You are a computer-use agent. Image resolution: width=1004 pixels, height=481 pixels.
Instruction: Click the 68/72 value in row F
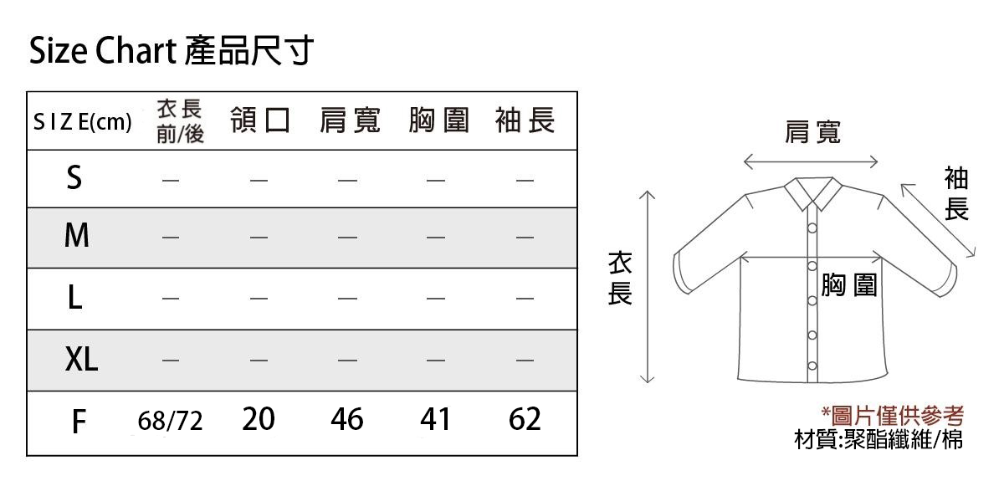[170, 421]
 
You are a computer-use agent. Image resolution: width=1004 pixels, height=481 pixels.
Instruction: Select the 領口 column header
[260, 120]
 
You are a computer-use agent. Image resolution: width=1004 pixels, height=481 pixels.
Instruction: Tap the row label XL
[81, 359]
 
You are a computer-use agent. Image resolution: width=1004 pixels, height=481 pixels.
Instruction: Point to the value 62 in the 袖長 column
[525, 419]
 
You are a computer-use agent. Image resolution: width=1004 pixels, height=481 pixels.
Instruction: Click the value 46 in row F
[347, 419]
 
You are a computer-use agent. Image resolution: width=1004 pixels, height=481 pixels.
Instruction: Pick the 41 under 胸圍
[435, 419]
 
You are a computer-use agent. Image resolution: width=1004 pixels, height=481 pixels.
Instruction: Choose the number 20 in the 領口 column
[259, 419]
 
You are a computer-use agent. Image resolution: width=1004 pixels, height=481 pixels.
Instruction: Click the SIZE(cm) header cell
[83, 122]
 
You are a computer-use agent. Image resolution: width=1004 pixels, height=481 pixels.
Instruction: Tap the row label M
[77, 235]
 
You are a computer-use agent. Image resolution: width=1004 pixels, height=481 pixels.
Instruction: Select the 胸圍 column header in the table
[438, 120]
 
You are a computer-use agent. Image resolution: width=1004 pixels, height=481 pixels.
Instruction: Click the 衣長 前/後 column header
[180, 121]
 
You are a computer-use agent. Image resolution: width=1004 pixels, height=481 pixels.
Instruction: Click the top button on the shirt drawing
[812, 228]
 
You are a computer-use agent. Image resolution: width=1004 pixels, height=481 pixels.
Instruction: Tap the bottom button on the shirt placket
[812, 366]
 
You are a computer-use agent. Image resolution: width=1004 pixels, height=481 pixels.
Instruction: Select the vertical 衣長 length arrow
[647, 287]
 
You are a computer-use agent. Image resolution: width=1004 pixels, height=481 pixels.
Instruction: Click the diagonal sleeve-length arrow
[938, 220]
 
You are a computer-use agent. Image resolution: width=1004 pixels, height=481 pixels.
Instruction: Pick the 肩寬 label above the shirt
[812, 132]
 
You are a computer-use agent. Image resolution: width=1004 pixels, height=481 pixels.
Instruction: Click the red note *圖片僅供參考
[893, 417]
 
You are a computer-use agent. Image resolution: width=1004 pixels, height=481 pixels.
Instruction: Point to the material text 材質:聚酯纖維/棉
[878, 439]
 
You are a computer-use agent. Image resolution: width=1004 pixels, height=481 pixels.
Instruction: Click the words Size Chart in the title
[103, 51]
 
